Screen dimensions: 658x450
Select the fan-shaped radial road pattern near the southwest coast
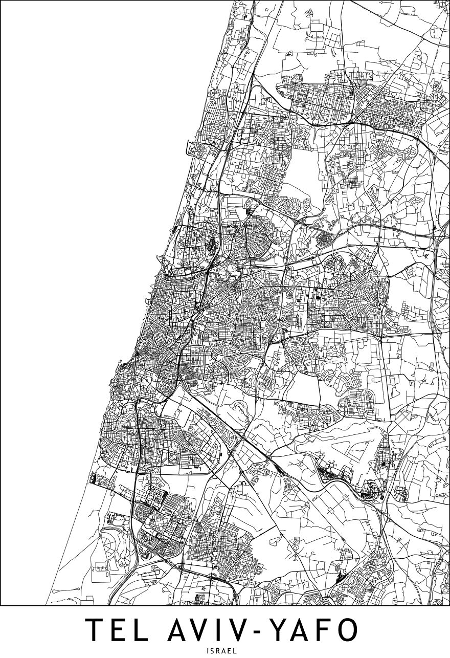pos(110,542)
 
